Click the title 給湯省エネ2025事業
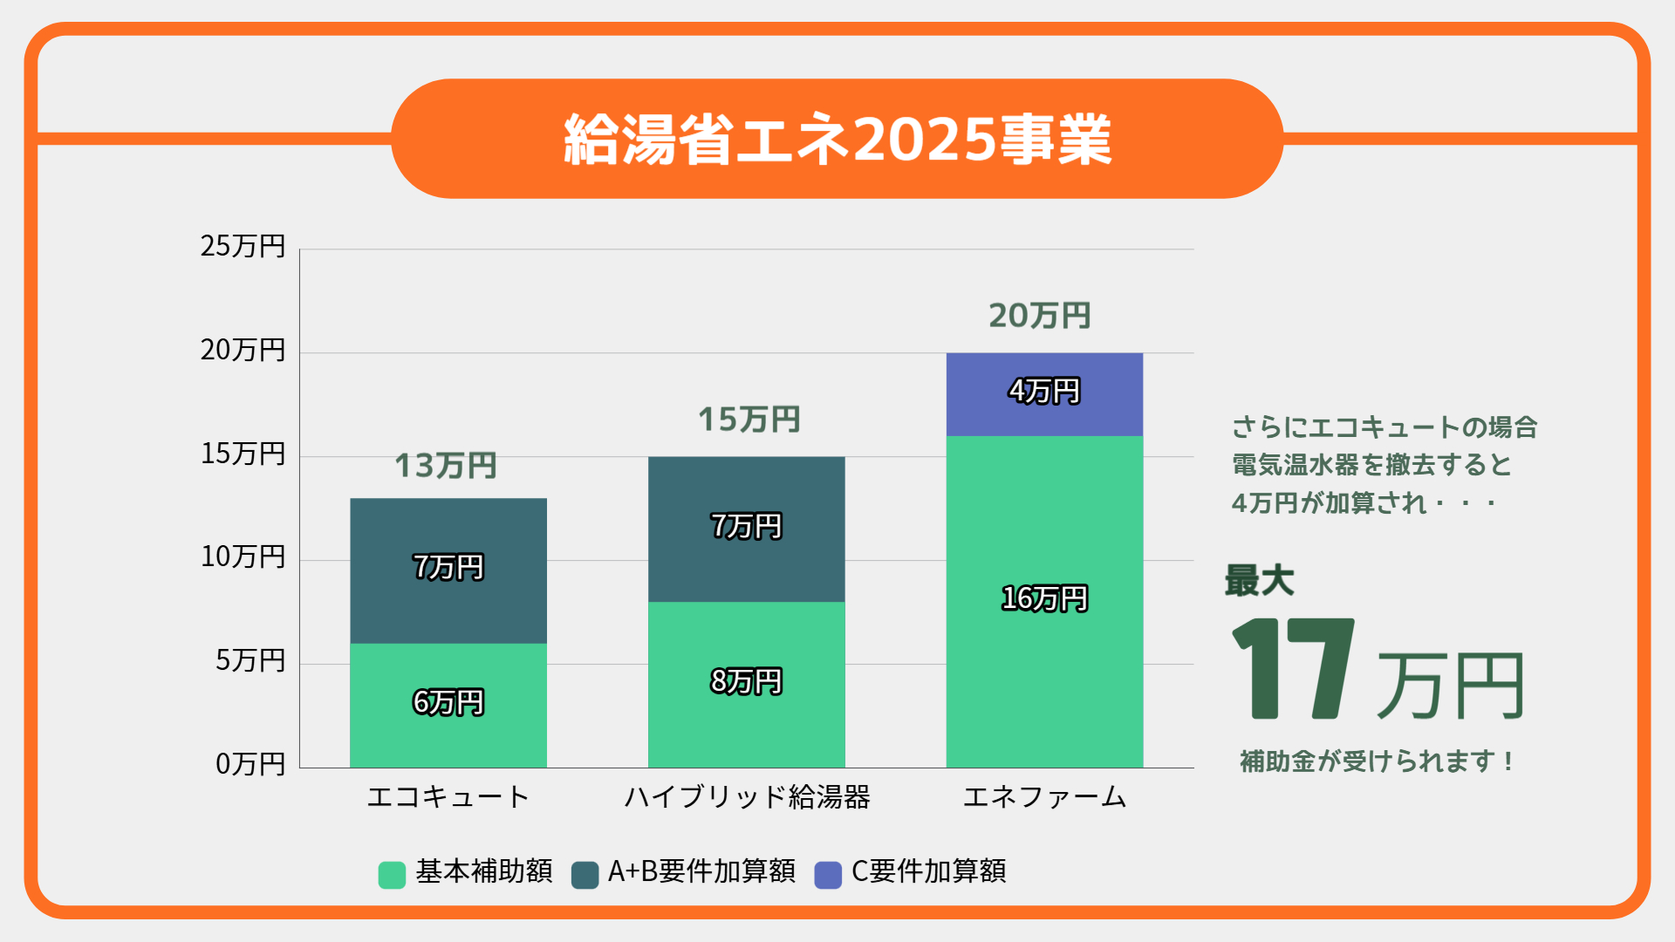click(x=837, y=140)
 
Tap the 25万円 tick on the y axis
click(x=243, y=247)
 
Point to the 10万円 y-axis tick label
click(x=243, y=557)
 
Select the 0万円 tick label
click(x=250, y=764)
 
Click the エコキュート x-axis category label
click(x=448, y=797)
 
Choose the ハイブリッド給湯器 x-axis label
click(x=747, y=797)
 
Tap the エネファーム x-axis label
click(x=1044, y=797)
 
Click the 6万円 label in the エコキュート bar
click(x=448, y=702)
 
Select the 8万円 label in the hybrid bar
click(x=747, y=681)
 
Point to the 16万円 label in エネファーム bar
click(x=1044, y=598)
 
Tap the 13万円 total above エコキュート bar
click(x=446, y=466)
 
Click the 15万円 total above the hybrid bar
click(x=749, y=420)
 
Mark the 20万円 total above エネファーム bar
click(x=1040, y=316)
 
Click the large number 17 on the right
click(x=1293, y=670)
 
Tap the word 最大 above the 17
click(x=1259, y=581)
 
